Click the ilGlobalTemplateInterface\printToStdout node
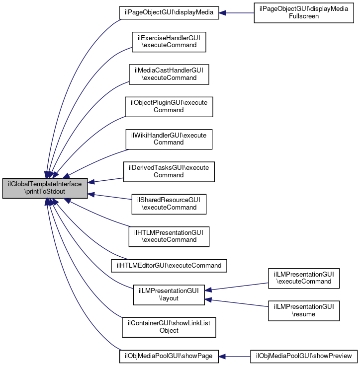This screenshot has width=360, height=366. pos(45,188)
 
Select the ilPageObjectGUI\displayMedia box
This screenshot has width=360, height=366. pos(169,13)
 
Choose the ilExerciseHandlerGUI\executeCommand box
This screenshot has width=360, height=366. pos(169,42)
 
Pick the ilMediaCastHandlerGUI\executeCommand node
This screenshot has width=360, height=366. pos(169,74)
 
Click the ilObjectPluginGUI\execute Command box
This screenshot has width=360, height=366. pos(169,106)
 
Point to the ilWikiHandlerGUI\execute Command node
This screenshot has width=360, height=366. pos(169,139)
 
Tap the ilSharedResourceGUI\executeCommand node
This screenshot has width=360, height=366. pos(169,204)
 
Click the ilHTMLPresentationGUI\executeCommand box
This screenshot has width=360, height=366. pos(169,236)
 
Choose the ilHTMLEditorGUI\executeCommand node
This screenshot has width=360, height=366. pos(169,265)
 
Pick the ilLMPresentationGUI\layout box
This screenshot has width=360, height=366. pos(169,295)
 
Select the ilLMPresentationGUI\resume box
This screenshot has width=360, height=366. pos(304,310)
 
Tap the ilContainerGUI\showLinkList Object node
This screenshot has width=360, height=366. pos(169,326)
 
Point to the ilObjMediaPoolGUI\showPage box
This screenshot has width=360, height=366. pos(169,356)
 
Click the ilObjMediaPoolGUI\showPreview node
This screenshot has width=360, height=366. pos(304,356)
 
